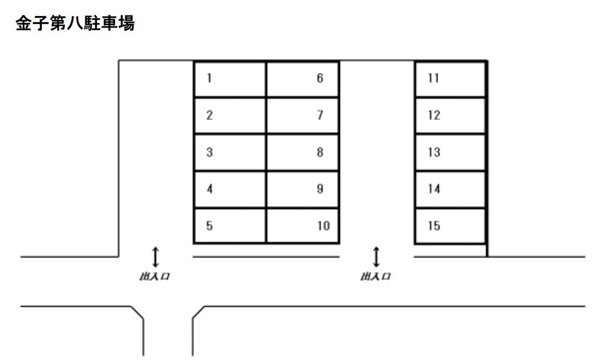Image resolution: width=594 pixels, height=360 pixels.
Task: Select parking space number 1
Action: pyautogui.click(x=229, y=79)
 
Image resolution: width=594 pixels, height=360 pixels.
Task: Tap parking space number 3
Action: pyautogui.click(x=229, y=152)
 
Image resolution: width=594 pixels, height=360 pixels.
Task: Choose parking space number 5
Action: pyautogui.click(x=229, y=226)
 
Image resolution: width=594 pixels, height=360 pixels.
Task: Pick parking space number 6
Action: pyautogui.click(x=303, y=79)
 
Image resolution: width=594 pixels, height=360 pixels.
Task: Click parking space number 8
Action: pyautogui.click(x=303, y=152)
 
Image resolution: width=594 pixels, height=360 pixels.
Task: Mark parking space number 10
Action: pyautogui.click(x=303, y=226)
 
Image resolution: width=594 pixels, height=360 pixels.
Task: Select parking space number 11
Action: pyautogui.click(x=450, y=79)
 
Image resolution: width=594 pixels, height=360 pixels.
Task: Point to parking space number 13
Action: pyautogui.click(x=450, y=152)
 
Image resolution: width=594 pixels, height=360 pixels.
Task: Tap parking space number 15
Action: pyautogui.click(x=450, y=226)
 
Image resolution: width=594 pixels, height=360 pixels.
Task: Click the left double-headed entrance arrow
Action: pyautogui.click(x=155, y=257)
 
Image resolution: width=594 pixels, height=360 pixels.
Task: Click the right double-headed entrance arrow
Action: pyautogui.click(x=376, y=257)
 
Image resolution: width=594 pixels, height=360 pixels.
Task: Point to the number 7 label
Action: pyautogui.click(x=320, y=115)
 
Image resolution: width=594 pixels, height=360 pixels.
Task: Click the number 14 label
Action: pyautogui.click(x=434, y=189)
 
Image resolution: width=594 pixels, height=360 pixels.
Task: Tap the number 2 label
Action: pyautogui.click(x=210, y=115)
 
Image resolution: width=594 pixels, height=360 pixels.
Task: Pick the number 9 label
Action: pyautogui.click(x=320, y=189)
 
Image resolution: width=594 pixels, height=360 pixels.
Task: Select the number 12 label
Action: pyautogui.click(x=434, y=115)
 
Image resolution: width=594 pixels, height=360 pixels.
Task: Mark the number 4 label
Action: pyautogui.click(x=210, y=189)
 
